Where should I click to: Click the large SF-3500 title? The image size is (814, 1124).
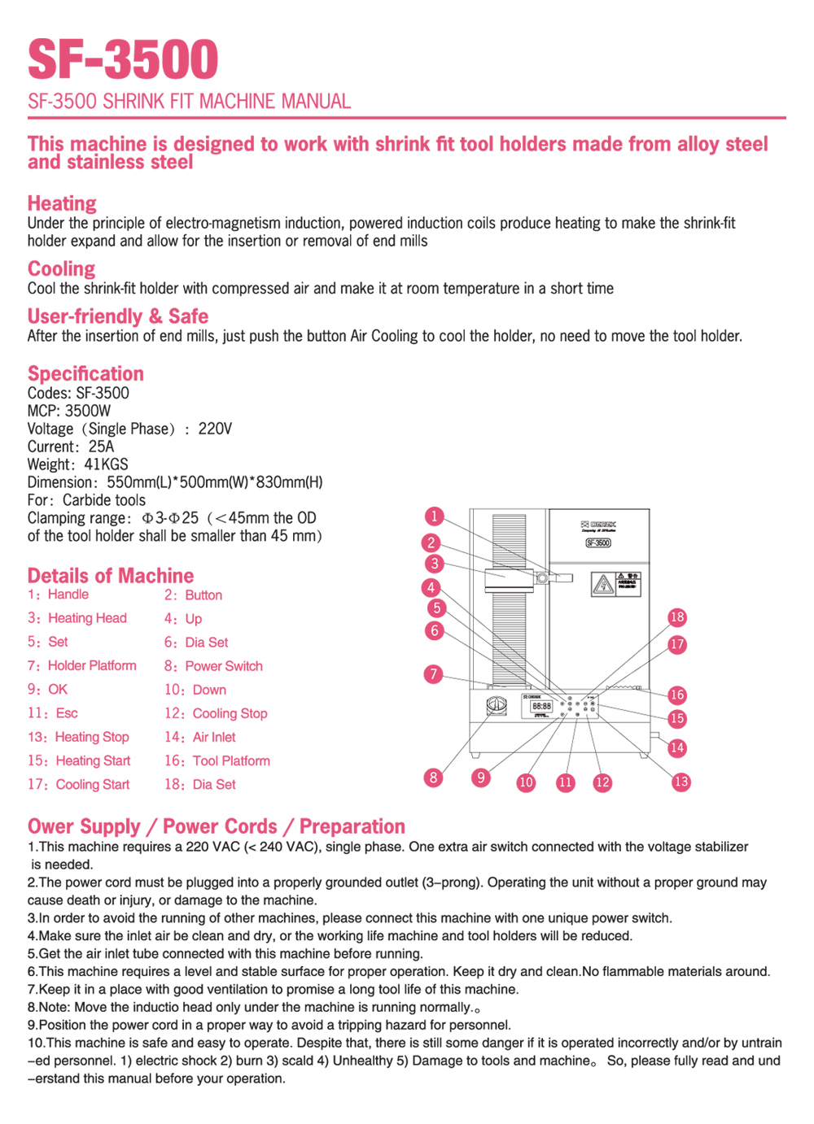tap(123, 59)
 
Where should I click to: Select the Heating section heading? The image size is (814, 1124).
tap(62, 203)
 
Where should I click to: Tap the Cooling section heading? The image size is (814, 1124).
tap(61, 268)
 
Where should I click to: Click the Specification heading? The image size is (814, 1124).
tap(85, 373)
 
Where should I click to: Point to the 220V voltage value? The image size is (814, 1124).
tap(215, 429)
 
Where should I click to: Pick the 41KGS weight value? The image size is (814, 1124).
tap(106, 464)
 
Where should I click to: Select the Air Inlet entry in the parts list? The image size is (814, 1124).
tap(213, 737)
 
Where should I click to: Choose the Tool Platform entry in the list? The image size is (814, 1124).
tap(230, 760)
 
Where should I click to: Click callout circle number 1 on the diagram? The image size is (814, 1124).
tap(435, 516)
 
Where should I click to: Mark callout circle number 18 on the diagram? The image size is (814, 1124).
tap(677, 617)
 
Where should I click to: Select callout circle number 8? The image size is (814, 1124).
tap(434, 778)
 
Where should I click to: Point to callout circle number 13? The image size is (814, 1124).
tap(681, 782)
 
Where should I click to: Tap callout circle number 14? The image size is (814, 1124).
tap(677, 747)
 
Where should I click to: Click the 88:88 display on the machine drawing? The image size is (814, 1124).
tap(541, 706)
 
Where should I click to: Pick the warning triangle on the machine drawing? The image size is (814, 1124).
tap(602, 584)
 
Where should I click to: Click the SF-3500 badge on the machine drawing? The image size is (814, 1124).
tap(598, 542)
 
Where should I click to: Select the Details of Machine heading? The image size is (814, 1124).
tap(111, 576)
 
